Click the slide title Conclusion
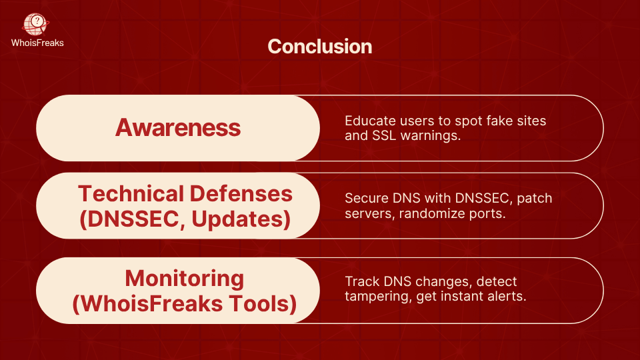[x=319, y=46]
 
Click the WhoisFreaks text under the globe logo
[x=37, y=43]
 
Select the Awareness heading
[x=177, y=127]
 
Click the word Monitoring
[x=184, y=278]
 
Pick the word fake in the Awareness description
[x=484, y=121]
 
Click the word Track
[x=359, y=282]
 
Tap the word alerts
[x=507, y=297]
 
